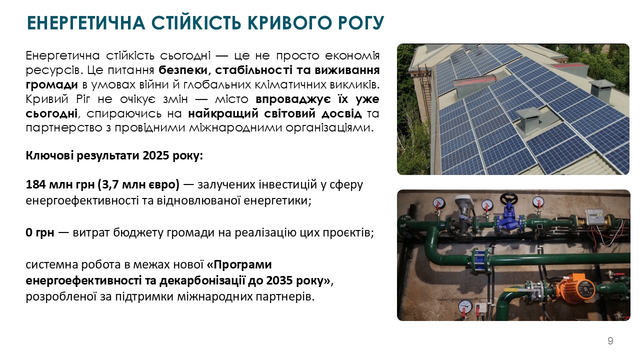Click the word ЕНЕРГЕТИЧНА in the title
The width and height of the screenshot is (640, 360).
(x=86, y=23)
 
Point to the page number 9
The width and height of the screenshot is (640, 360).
(x=610, y=341)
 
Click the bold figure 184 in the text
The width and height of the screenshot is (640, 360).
(x=35, y=184)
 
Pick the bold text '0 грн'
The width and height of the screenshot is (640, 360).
(x=40, y=232)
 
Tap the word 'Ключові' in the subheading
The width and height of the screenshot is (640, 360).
(x=49, y=155)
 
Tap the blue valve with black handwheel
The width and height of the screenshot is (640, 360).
(x=509, y=215)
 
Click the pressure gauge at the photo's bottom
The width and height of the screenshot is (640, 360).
(x=465, y=307)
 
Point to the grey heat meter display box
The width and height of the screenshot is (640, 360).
(x=596, y=216)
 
